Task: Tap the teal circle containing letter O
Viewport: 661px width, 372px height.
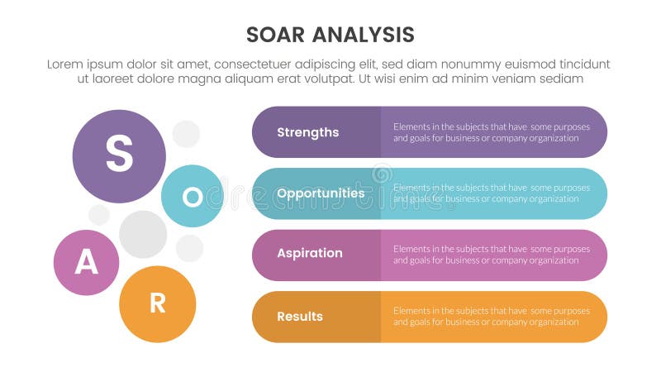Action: tap(192, 196)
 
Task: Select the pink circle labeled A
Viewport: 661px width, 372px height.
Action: tap(86, 262)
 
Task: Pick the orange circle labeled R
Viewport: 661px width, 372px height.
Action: tap(157, 303)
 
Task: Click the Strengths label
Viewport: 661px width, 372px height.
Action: tap(307, 132)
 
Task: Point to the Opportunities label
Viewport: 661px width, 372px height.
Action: tap(321, 193)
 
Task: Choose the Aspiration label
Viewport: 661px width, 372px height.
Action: tap(309, 254)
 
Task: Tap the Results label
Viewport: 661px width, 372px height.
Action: tap(300, 317)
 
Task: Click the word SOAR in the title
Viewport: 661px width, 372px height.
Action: tap(278, 35)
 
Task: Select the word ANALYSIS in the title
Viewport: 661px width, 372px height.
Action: tap(364, 35)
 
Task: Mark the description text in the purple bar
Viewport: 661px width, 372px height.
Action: tap(492, 132)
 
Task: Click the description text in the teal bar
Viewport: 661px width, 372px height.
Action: tap(492, 193)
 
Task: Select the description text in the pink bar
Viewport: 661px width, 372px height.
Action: tap(492, 254)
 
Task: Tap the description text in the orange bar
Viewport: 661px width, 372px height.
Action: tap(492, 317)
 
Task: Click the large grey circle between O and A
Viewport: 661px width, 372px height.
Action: tap(143, 234)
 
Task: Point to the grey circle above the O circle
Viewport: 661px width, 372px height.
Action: tap(186, 134)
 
